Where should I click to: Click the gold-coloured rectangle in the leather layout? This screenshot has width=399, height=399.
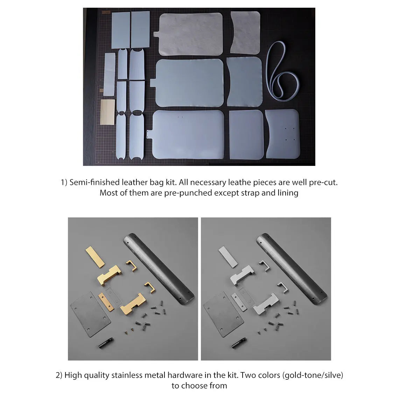coord(107,112)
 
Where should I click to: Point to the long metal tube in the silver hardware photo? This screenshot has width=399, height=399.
coord(292,270)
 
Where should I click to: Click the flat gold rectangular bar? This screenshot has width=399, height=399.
coord(95,257)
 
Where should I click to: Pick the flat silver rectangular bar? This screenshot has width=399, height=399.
coord(228,257)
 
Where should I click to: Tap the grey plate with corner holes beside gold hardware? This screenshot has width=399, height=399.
coord(90,314)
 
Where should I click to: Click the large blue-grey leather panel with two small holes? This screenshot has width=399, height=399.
coord(188,135)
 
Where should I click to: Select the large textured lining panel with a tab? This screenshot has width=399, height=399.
coord(190,34)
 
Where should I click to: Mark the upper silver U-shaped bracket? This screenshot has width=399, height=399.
coord(264,267)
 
